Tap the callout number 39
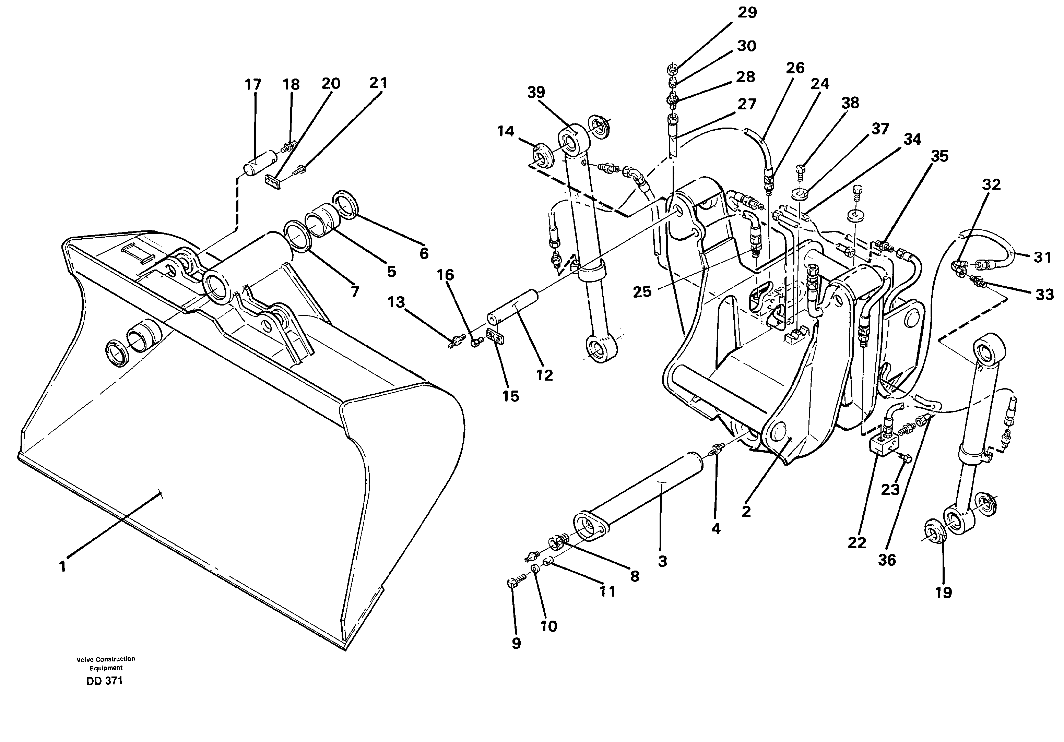536,92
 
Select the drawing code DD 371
104,681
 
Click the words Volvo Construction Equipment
106,663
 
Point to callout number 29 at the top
747,12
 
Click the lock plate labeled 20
275,183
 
